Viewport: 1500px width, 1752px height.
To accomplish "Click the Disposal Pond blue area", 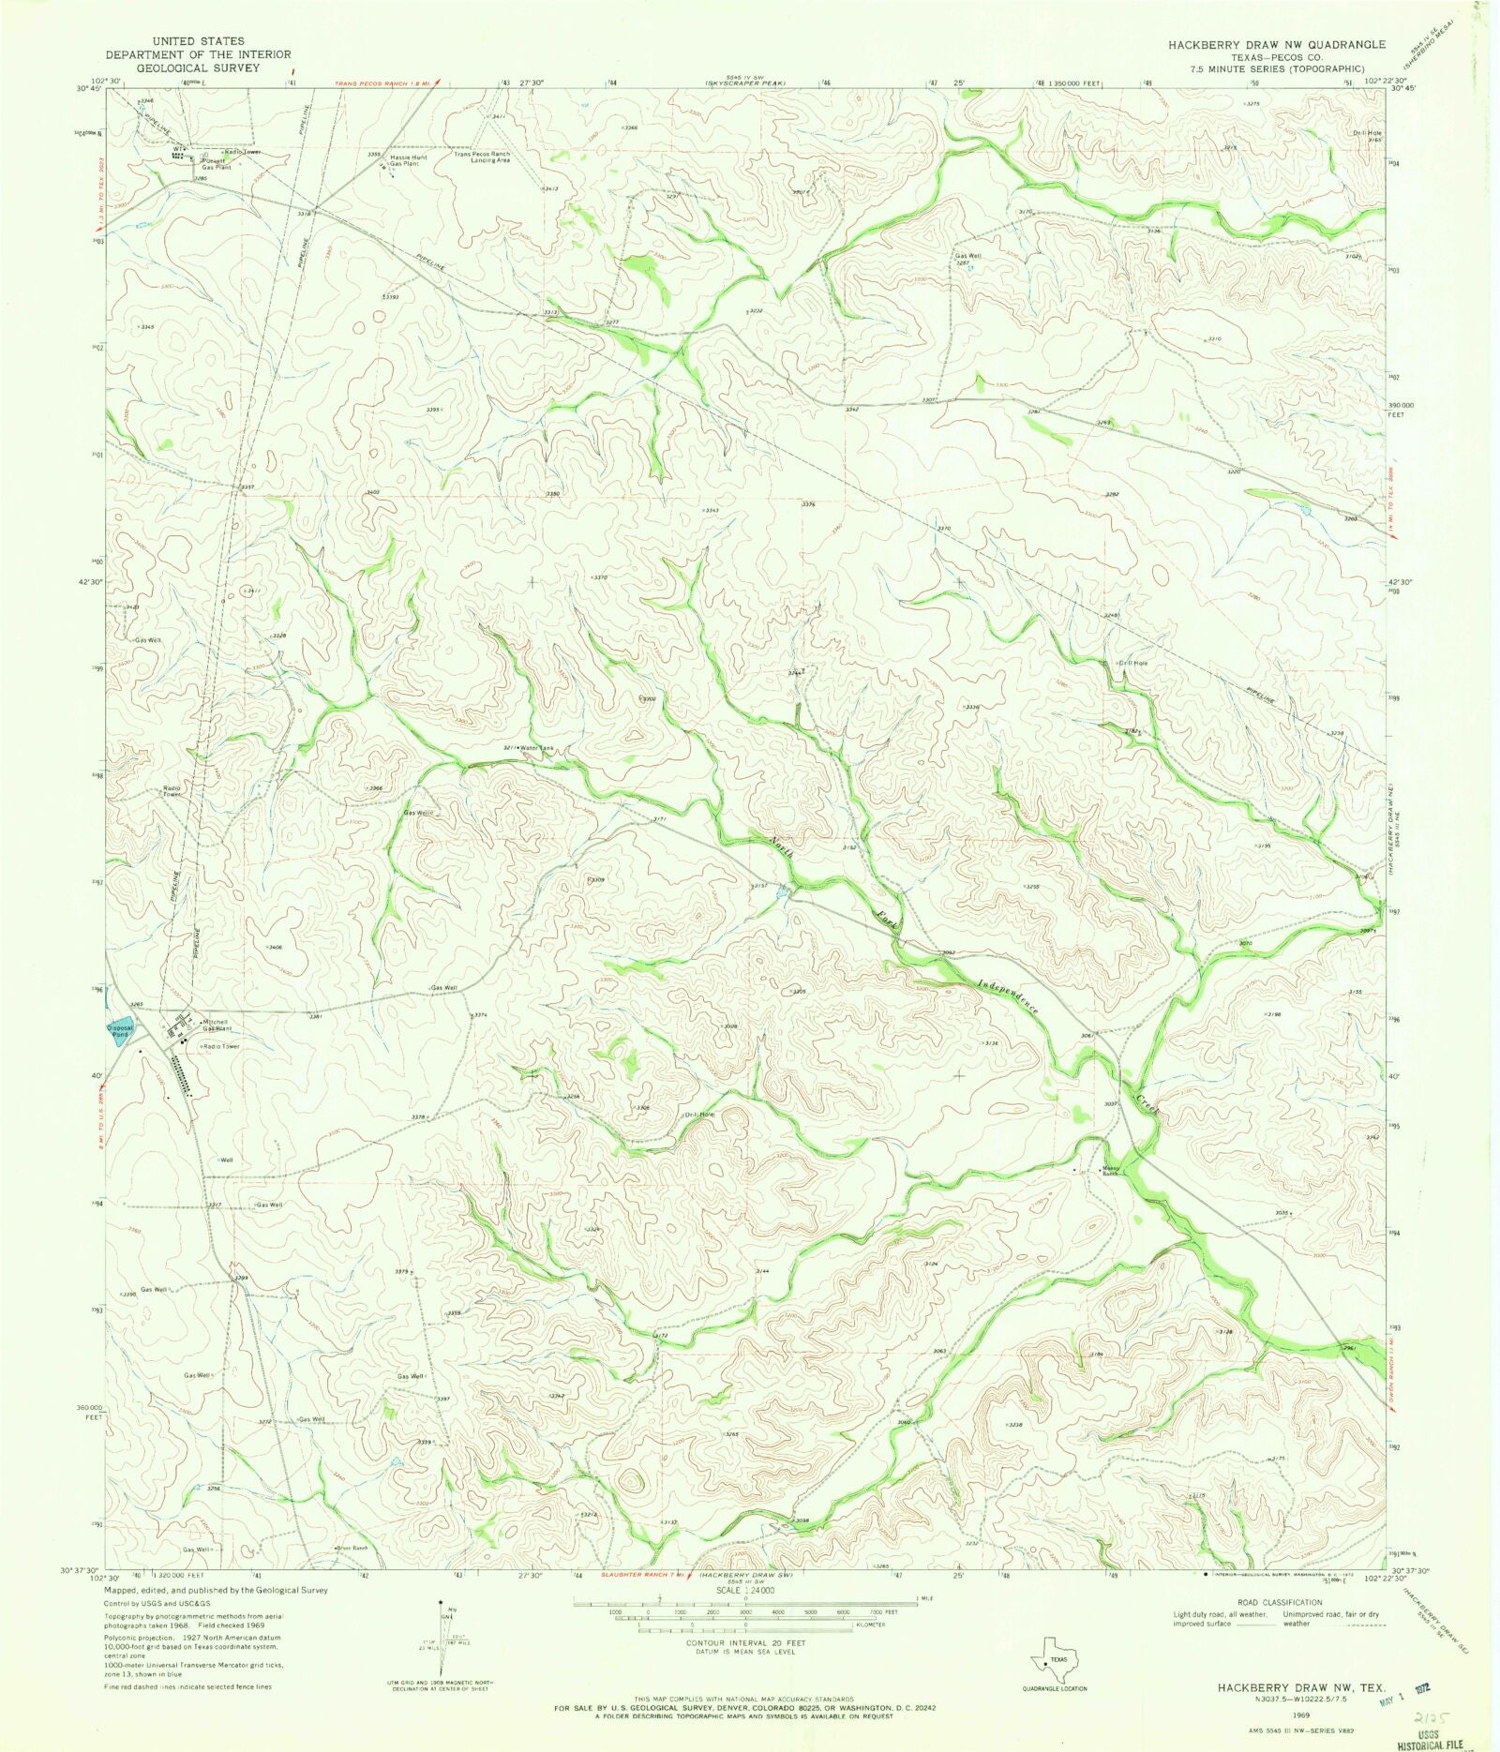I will [x=121, y=1028].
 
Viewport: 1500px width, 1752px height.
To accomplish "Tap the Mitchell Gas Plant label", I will [x=217, y=1025].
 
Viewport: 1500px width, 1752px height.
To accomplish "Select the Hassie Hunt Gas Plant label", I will [x=409, y=160].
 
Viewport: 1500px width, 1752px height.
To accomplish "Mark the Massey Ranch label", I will [x=1111, y=1172].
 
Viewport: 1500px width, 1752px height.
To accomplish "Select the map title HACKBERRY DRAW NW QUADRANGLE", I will [x=1276, y=44].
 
